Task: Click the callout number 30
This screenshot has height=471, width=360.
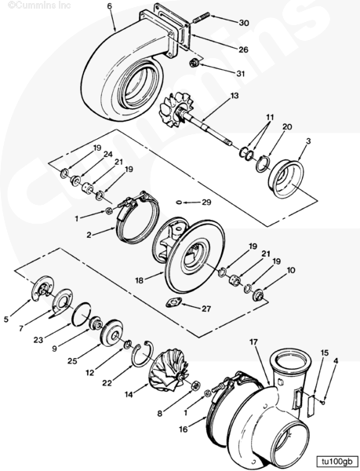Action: click(x=244, y=23)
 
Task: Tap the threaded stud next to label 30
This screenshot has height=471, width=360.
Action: click(x=202, y=18)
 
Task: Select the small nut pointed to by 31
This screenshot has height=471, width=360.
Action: click(x=195, y=63)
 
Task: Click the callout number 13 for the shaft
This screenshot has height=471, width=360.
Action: click(x=235, y=96)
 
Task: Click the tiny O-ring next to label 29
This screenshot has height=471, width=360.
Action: click(x=179, y=203)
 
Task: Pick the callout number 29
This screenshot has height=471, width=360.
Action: click(x=206, y=203)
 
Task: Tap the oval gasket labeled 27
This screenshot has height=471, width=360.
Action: click(x=174, y=302)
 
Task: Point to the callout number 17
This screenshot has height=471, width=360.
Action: click(x=253, y=341)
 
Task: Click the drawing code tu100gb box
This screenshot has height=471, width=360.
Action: click(x=336, y=462)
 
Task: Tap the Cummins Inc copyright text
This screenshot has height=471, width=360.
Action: click(x=39, y=5)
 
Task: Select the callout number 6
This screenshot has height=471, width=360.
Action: click(x=110, y=6)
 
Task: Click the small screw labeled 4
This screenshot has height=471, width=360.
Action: click(x=322, y=402)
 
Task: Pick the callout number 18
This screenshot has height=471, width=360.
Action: click(x=139, y=280)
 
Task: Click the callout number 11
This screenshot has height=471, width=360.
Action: click(x=270, y=117)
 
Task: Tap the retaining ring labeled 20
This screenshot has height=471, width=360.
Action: click(x=263, y=164)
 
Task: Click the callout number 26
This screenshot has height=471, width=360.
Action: click(x=244, y=49)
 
